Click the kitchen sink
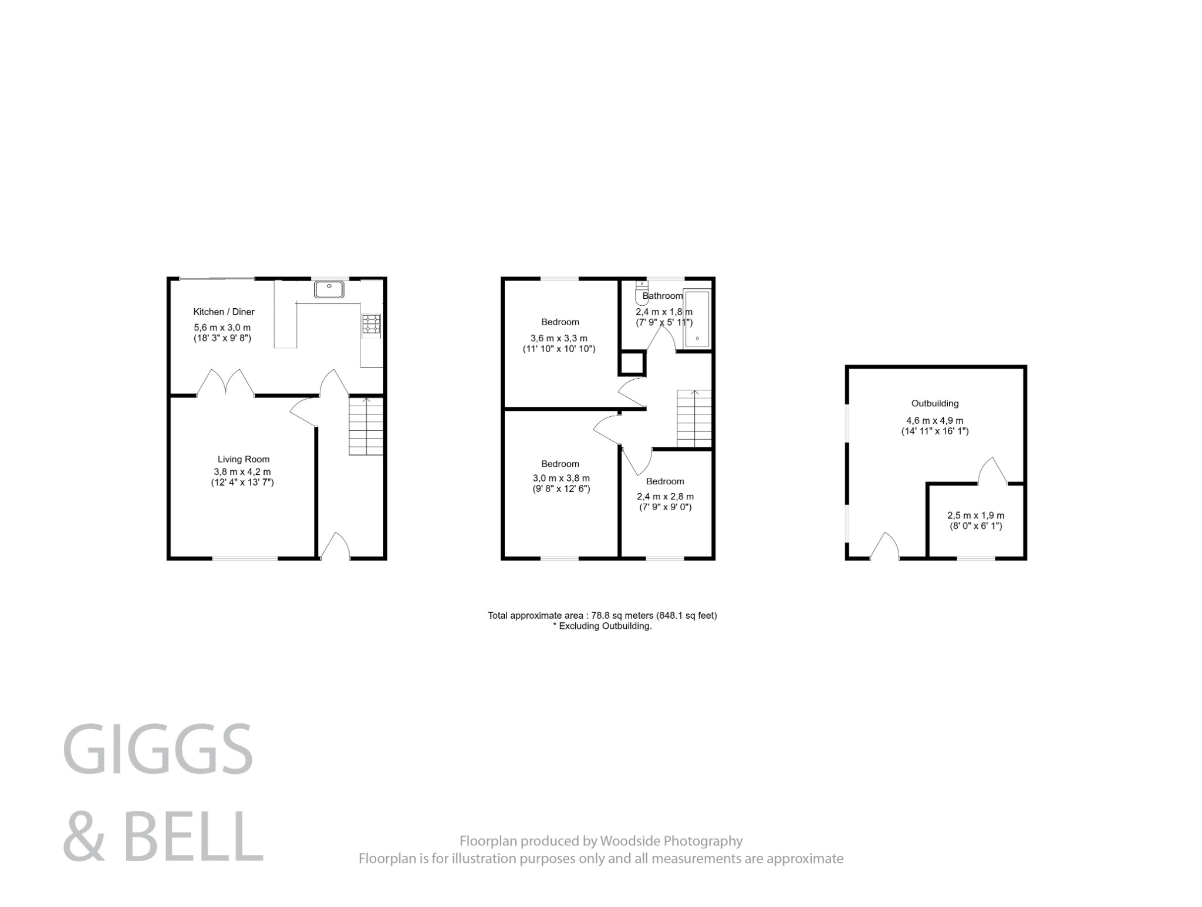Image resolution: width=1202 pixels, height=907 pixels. pos(329,289)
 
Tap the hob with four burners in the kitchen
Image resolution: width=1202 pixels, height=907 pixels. pos(371,325)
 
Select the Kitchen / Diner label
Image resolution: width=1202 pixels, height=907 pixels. pos(224,312)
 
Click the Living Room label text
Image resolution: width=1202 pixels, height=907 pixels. pos(243,459)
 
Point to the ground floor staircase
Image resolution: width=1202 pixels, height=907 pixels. pos(366,426)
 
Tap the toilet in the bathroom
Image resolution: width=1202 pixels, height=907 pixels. pos(641,293)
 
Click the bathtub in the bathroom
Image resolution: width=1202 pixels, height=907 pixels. pos(697,319)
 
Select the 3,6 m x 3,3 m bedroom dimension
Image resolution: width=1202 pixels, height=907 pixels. pos(559,338)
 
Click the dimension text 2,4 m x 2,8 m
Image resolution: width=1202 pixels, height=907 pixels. pos(665,496)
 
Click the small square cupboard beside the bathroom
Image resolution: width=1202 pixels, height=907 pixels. pos(632,363)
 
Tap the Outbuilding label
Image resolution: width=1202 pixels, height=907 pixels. pos(934,403)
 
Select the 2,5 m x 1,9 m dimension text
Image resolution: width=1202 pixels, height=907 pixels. pos(975,515)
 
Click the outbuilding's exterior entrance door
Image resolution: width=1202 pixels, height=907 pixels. pos(884,545)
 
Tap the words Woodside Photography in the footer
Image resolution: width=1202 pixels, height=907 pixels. pos(671,841)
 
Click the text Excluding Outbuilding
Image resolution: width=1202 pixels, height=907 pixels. pos(605,626)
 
